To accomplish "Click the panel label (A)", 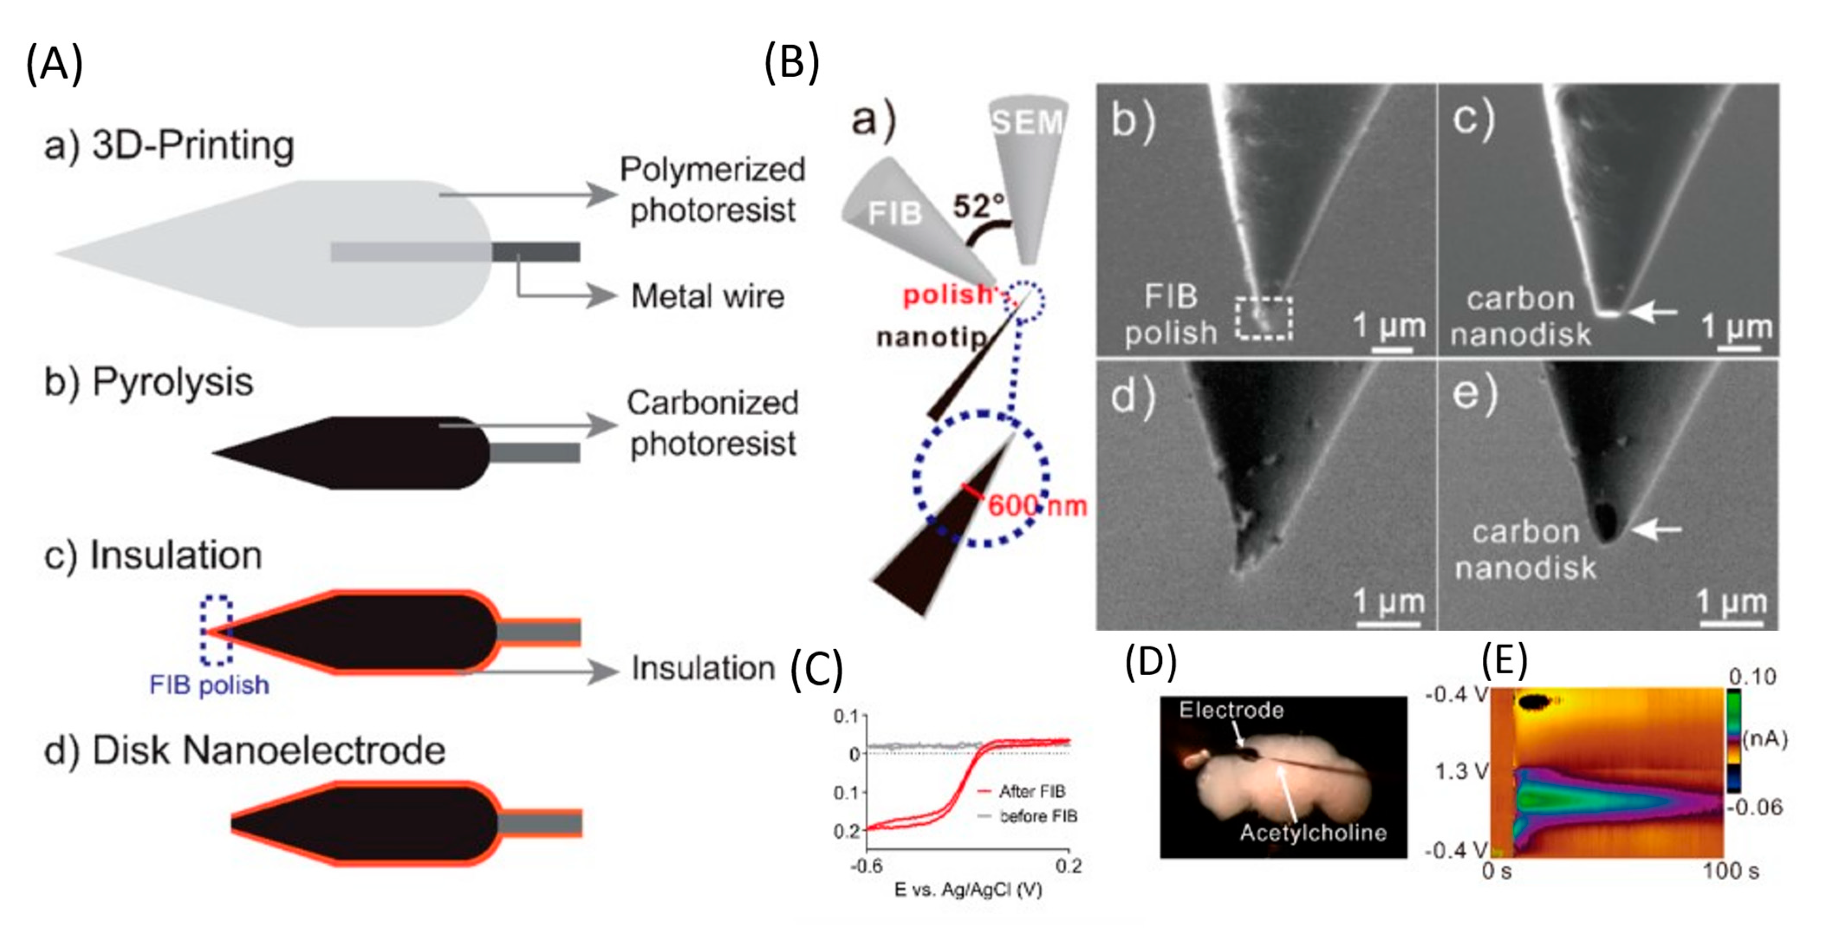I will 55,64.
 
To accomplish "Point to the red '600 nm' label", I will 1036,506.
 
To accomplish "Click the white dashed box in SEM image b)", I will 1264,318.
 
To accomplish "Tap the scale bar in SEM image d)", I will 1388,623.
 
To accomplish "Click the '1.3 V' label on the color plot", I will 1461,771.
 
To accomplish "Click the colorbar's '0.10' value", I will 1752,677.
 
